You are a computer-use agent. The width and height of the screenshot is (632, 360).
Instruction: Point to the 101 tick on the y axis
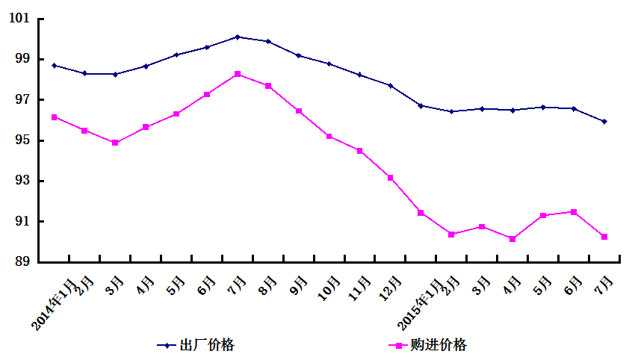(28, 19)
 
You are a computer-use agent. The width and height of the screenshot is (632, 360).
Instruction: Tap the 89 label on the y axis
(28, 262)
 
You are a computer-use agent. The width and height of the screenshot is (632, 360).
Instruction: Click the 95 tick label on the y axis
(28, 140)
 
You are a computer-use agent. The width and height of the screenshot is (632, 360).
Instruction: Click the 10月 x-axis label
(329, 290)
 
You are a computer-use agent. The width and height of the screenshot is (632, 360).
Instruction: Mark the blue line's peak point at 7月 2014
(238, 37)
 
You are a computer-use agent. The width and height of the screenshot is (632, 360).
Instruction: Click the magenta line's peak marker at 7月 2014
(238, 74)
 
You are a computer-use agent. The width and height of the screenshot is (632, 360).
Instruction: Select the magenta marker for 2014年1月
(54, 117)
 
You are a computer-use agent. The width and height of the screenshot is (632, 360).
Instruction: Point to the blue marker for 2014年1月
(54, 66)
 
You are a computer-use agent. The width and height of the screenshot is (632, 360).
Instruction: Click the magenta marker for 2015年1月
(421, 213)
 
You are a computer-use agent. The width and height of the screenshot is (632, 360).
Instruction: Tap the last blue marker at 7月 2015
(604, 121)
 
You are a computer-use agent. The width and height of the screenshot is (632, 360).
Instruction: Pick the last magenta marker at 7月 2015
(604, 237)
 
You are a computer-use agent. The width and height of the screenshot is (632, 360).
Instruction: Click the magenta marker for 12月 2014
(390, 178)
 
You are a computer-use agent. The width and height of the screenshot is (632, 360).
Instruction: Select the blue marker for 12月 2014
(390, 86)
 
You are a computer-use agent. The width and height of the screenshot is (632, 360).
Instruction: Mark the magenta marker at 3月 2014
(115, 143)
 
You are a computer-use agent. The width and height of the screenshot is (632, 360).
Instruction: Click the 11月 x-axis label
(359, 290)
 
